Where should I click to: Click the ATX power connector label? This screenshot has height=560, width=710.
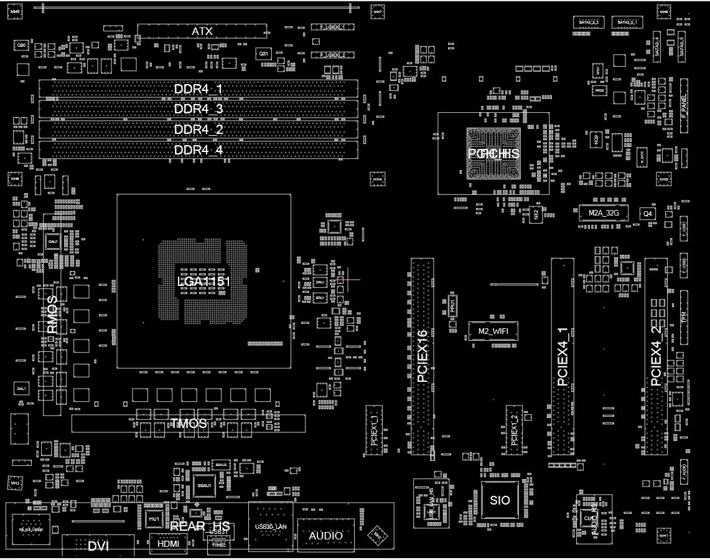[202, 31]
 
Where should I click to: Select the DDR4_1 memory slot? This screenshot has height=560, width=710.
[198, 89]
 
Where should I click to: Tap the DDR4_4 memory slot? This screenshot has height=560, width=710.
[198, 149]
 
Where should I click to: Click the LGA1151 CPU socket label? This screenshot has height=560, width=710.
[203, 281]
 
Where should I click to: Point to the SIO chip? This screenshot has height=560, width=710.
[500, 500]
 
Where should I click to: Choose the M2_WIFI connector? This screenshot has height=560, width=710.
[493, 331]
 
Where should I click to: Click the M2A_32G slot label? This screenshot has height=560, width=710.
[604, 213]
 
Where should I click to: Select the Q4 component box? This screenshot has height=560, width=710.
[648, 213]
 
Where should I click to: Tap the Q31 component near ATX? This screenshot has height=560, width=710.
[264, 54]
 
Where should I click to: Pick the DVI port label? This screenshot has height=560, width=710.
[98, 546]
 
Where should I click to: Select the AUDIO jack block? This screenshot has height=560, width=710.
[325, 535]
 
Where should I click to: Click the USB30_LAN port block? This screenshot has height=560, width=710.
[271, 527]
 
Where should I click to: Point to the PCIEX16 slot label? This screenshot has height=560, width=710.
[423, 356]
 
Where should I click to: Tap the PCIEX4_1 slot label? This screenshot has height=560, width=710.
[563, 356]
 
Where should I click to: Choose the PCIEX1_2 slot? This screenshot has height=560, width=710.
[514, 429]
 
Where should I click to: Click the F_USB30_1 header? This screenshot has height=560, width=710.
[337, 27]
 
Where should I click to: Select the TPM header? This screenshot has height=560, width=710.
[684, 318]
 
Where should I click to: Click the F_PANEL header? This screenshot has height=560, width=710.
[684, 106]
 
